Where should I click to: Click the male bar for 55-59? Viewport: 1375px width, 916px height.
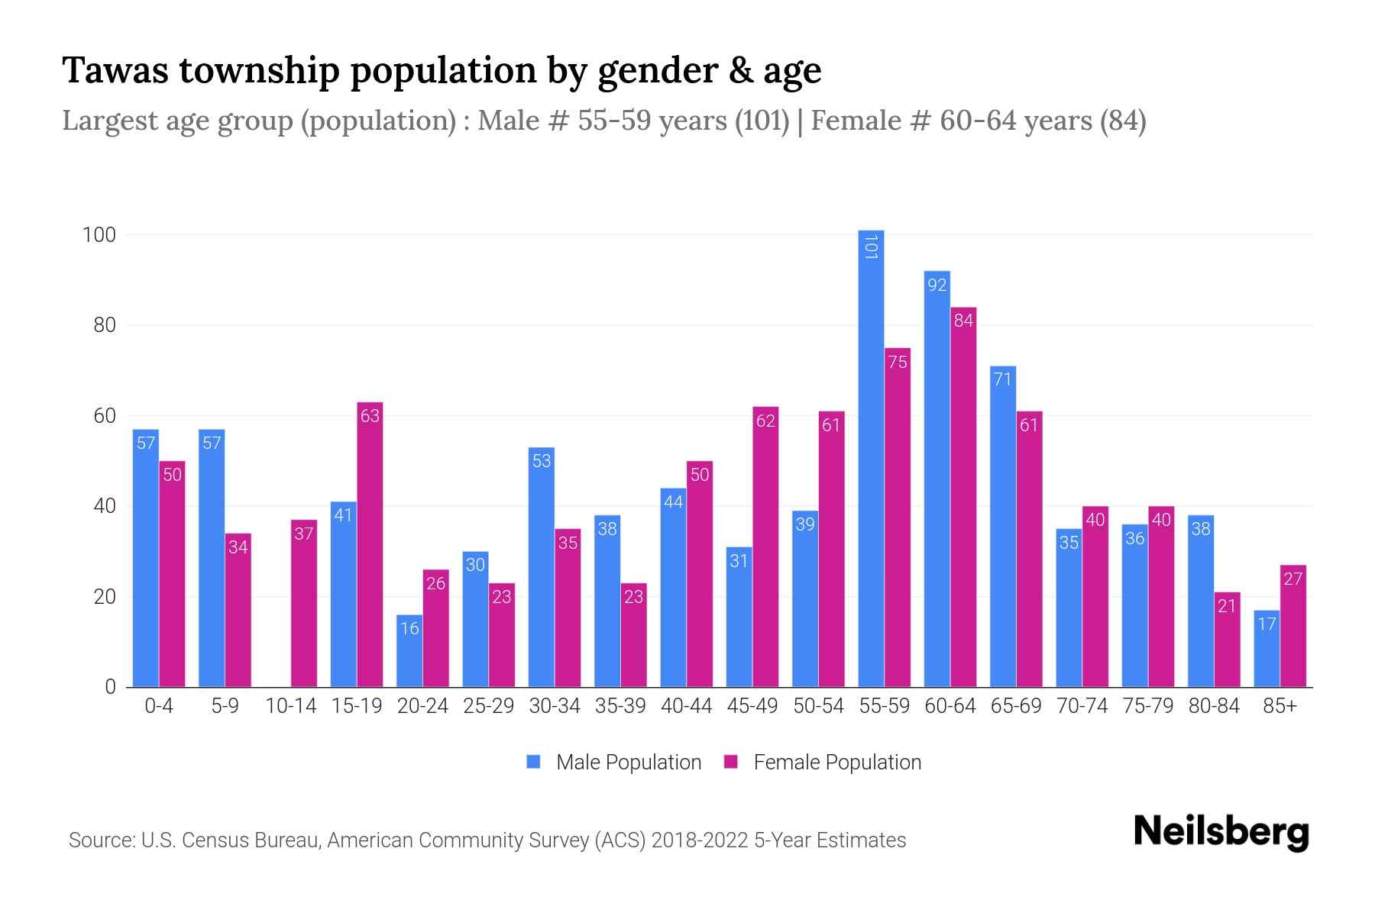click(871, 458)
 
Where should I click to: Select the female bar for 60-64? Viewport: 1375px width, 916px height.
click(963, 497)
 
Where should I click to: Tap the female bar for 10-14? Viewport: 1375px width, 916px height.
click(304, 603)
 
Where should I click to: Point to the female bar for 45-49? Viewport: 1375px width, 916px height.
click(765, 547)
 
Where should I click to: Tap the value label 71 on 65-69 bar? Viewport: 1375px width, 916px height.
click(1002, 379)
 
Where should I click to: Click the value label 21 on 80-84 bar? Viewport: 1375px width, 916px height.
click(1227, 607)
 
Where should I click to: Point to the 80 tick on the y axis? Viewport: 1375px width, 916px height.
click(105, 326)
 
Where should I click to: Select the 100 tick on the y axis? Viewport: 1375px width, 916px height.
click(99, 235)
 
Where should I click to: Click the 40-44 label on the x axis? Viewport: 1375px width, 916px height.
click(686, 706)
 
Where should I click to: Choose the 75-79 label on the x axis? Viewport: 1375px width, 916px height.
click(1147, 706)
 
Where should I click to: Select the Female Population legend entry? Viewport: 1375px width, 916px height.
click(823, 763)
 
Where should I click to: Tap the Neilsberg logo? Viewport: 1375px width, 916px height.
click(1221, 831)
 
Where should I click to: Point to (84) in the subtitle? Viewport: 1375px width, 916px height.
click(1123, 121)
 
